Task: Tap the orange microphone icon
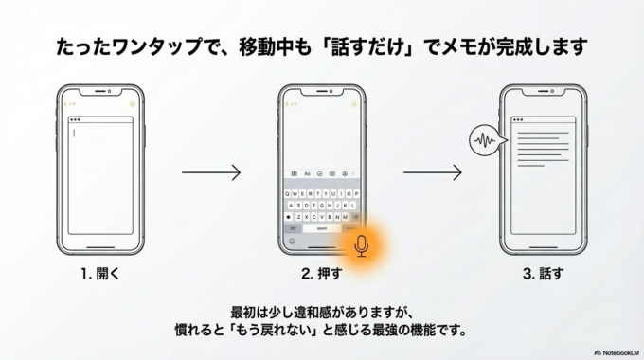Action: pos(362,246)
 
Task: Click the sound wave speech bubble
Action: pos(484,143)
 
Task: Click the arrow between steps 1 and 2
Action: pos(211,172)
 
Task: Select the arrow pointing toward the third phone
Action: pos(433,172)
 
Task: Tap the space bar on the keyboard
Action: pos(322,228)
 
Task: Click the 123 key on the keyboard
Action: pos(294,228)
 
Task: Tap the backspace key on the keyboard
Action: pos(355,216)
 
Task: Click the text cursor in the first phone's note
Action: pos(73,133)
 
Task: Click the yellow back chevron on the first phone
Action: pos(66,104)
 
